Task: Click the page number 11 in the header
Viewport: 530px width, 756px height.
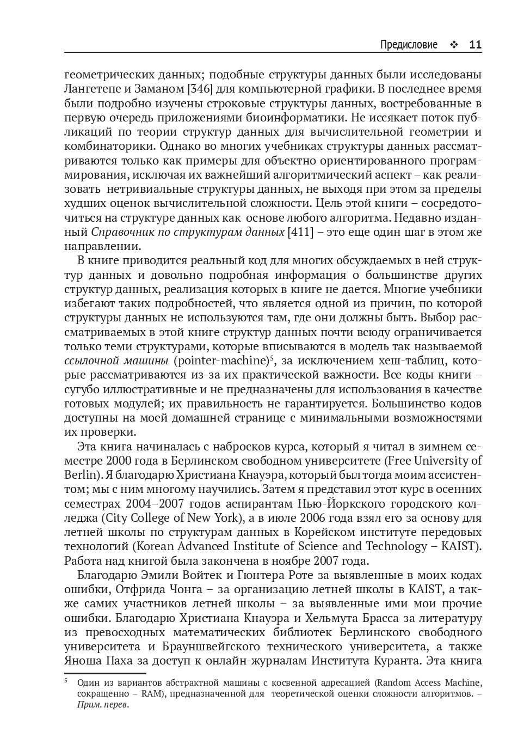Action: point(475,45)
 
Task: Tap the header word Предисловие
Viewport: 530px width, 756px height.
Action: point(409,45)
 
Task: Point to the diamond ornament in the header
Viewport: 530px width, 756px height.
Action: point(453,45)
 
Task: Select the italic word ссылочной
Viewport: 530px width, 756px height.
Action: point(90,361)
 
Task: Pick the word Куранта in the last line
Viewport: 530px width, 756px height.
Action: point(397,661)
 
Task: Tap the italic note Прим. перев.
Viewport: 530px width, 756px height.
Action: point(103,704)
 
